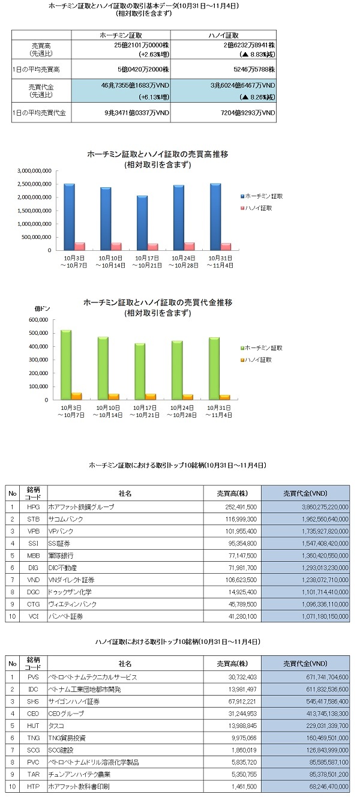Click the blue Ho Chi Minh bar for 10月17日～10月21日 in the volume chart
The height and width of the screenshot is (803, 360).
tap(142, 223)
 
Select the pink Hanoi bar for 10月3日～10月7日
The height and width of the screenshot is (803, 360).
tap(80, 246)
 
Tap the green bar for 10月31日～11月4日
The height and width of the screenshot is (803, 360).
tap(214, 368)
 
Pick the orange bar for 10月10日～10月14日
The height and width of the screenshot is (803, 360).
tap(113, 397)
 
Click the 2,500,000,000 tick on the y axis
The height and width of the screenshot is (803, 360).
tap(34, 184)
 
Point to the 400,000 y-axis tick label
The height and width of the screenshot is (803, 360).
tap(38, 346)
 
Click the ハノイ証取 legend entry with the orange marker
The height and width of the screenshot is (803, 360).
tap(256, 359)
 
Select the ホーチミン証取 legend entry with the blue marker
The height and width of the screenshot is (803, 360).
tap(262, 196)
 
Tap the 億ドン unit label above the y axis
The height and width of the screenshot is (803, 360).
tap(42, 308)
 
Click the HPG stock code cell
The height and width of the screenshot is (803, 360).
tap(34, 507)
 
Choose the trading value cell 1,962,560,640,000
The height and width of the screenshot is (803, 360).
tap(305, 519)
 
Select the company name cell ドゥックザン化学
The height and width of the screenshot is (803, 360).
tap(125, 592)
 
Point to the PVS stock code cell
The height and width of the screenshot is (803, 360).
tap(34, 677)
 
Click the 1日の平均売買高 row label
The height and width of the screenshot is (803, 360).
tap(36, 69)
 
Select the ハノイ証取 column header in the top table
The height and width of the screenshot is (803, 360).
tap(223, 35)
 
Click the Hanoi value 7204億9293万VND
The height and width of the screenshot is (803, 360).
tap(248, 113)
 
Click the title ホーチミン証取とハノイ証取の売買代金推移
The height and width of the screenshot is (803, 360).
tap(158, 302)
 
